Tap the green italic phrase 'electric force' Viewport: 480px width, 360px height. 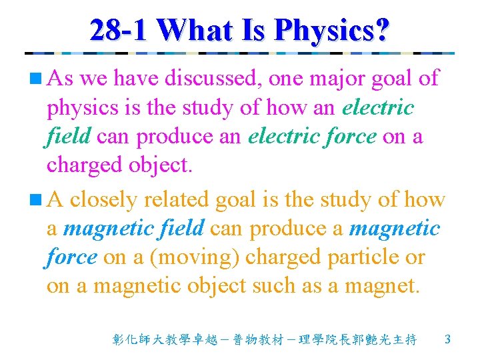(311, 136)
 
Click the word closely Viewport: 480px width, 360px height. (103, 199)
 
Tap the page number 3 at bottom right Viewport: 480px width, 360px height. (447, 340)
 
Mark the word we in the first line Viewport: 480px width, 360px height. (93, 79)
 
